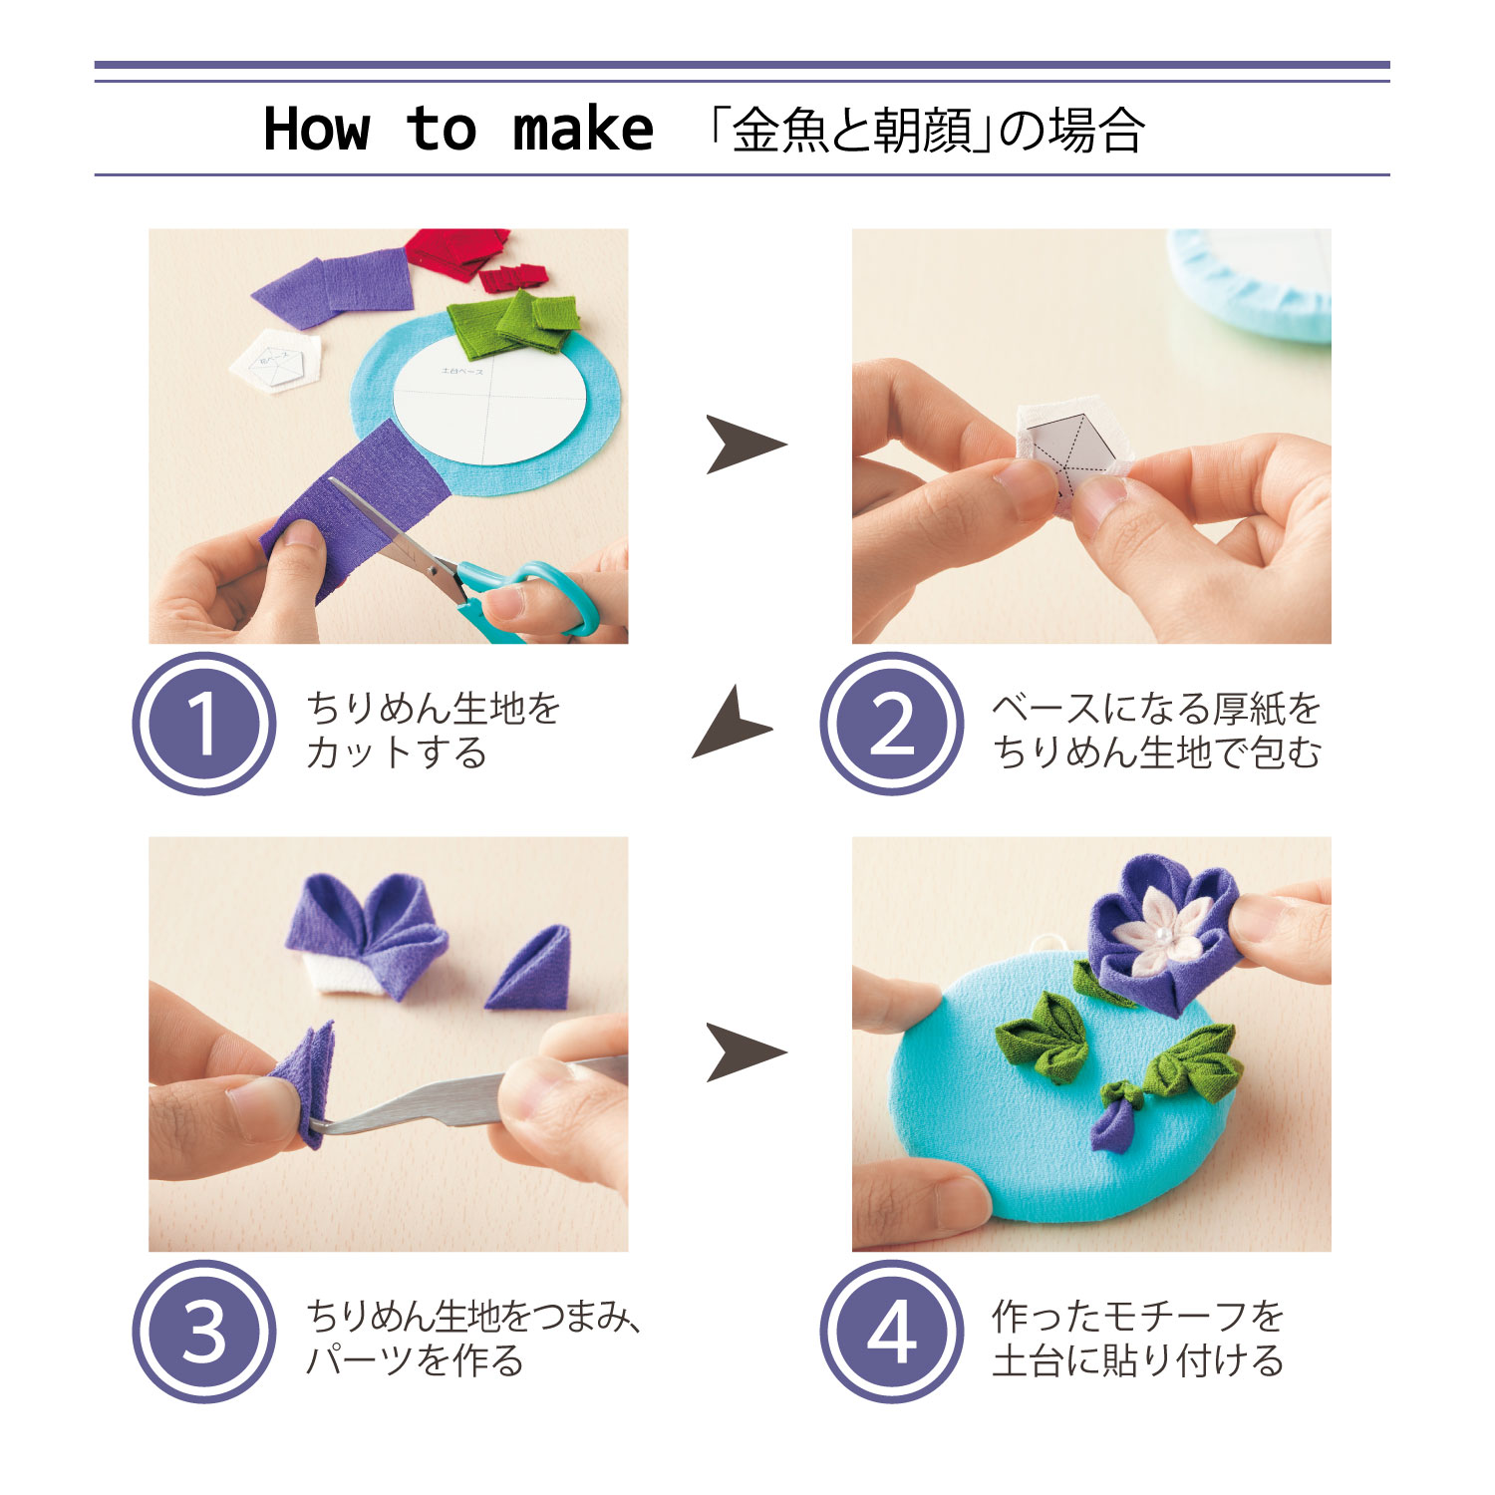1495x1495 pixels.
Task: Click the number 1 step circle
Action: pyautogui.click(x=203, y=724)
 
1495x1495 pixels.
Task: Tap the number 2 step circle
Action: pyautogui.click(x=892, y=724)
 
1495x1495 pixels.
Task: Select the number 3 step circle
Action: pyautogui.click(x=203, y=1332)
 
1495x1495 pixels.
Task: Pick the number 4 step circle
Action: pyautogui.click(x=892, y=1332)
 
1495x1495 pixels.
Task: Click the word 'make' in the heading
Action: pyautogui.click(x=583, y=130)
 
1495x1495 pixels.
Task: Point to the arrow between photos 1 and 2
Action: pyautogui.click(x=746, y=445)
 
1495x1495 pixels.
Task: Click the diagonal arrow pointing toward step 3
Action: pyautogui.click(x=733, y=722)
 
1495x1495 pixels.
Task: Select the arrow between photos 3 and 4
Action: pyautogui.click(x=746, y=1052)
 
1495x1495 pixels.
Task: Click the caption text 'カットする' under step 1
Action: pyautogui.click(x=397, y=752)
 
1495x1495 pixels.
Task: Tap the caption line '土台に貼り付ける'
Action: pyautogui.click(x=1138, y=1360)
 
